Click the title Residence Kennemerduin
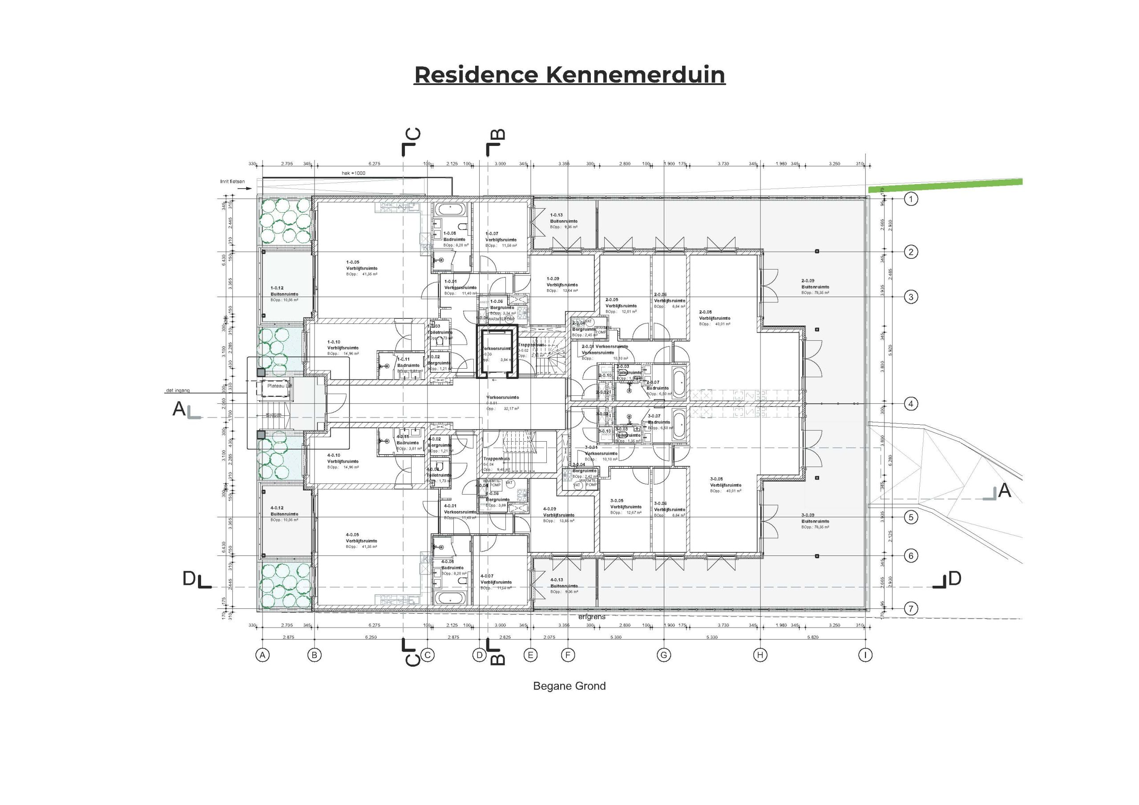[x=569, y=75]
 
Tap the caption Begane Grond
[x=569, y=686]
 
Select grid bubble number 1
[x=910, y=199]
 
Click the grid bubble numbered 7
[x=910, y=608]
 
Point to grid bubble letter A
[x=263, y=655]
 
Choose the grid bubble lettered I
[x=865, y=655]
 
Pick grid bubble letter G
[x=664, y=655]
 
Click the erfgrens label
[x=592, y=617]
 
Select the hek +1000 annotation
[x=353, y=173]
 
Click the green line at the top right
[x=945, y=186]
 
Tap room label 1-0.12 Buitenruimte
[x=284, y=291]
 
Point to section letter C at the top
[x=413, y=134]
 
